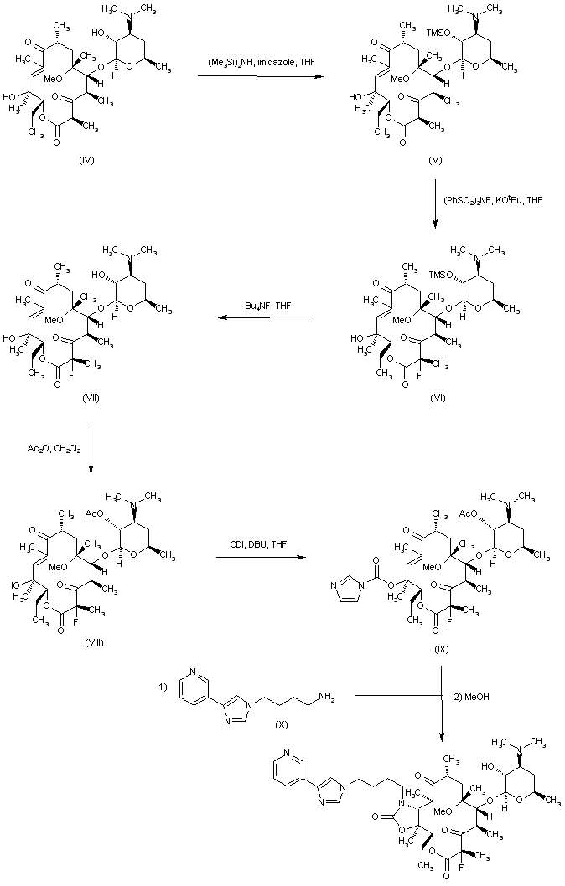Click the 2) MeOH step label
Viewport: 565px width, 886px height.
pos(469,693)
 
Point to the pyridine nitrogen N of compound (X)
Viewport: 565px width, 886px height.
pos(193,672)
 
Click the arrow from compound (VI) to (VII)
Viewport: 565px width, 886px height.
pos(266,318)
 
